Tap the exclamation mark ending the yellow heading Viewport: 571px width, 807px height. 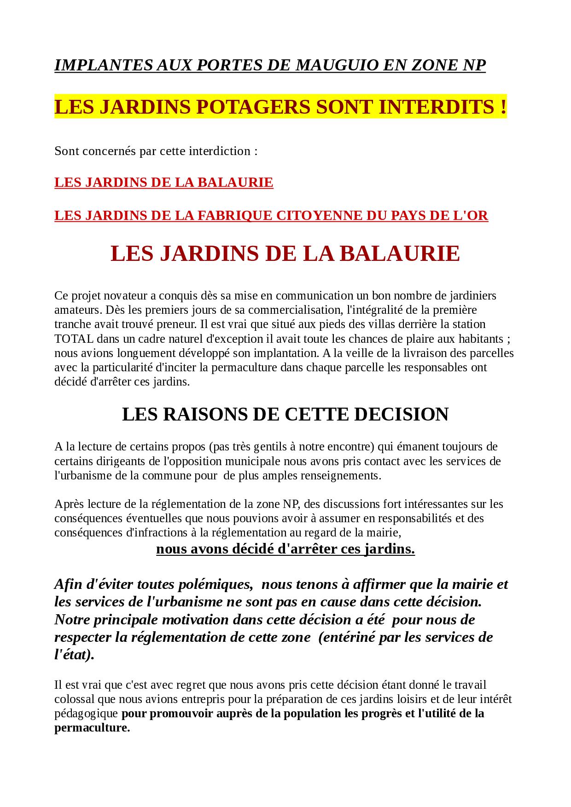coord(502,107)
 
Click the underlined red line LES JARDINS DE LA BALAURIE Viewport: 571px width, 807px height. coord(163,183)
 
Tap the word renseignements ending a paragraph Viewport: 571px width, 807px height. coord(341,475)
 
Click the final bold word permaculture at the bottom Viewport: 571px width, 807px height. coord(92,728)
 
